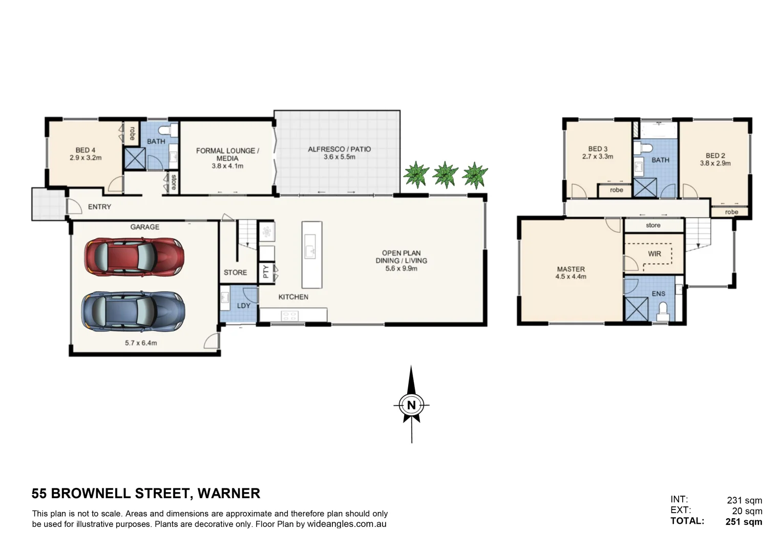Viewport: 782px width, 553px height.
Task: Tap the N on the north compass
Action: [411, 405]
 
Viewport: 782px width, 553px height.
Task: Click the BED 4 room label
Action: [86, 151]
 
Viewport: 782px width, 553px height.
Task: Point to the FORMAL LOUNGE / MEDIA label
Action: [227, 154]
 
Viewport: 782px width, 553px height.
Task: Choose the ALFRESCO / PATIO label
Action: [339, 150]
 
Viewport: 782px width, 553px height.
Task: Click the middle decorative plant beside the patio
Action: [445, 175]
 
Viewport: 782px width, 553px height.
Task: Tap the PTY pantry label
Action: [266, 271]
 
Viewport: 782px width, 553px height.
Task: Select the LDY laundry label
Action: [244, 306]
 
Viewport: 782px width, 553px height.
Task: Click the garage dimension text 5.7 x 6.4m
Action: [141, 343]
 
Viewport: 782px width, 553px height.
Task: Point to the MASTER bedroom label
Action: [570, 269]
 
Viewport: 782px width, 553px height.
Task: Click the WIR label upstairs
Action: [654, 253]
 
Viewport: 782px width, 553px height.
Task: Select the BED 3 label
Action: [598, 149]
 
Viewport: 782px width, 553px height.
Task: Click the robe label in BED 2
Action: [731, 212]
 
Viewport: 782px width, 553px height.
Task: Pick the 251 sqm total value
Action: [744, 522]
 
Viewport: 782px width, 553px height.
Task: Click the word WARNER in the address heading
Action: [228, 494]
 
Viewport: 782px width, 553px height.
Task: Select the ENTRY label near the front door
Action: [99, 207]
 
